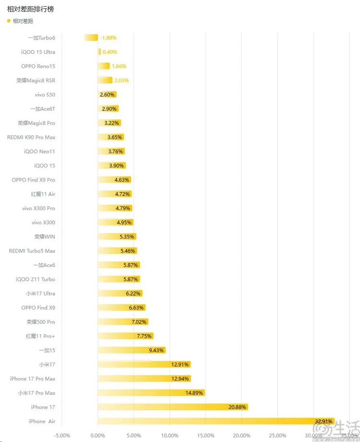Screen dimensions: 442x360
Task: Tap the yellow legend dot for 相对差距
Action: point(9,21)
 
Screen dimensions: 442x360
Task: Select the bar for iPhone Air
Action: point(216,421)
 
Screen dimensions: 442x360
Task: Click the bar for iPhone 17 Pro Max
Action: point(144,379)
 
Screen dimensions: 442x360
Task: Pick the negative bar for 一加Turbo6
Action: point(91,37)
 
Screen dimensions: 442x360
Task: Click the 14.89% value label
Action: point(194,393)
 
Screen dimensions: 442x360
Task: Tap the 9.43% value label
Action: point(157,350)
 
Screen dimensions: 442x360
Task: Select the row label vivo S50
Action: point(45,95)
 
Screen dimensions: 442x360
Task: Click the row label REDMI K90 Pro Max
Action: point(31,137)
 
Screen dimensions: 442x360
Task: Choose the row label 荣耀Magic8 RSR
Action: point(36,80)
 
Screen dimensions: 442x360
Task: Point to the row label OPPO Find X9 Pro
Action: point(34,180)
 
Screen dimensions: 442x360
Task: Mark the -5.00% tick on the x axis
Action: point(61,436)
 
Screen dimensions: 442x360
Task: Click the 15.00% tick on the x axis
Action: point(205,436)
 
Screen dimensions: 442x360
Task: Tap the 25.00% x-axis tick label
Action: point(277,436)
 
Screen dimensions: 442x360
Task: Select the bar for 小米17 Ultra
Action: point(120,293)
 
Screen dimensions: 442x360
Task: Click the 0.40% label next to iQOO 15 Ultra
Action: point(110,52)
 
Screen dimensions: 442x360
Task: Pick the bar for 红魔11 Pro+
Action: point(125,336)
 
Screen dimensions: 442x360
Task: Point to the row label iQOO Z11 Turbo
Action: point(36,279)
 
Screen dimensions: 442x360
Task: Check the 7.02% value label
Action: point(139,322)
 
